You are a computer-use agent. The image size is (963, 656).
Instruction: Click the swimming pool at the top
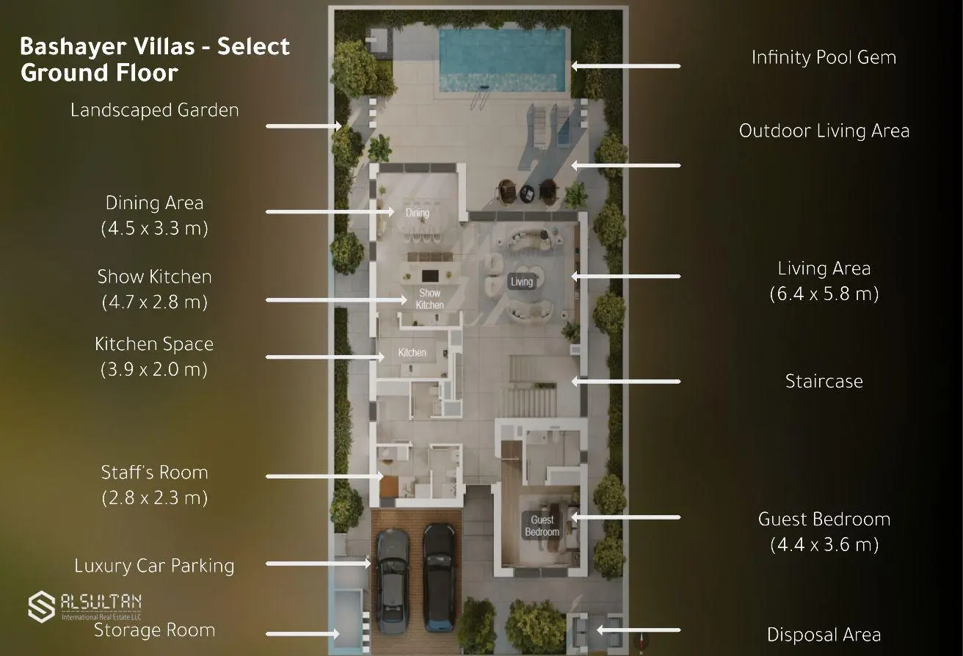click(x=502, y=60)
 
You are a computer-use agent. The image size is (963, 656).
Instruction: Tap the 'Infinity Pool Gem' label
click(x=824, y=58)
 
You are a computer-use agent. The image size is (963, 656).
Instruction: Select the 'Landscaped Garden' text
click(x=155, y=110)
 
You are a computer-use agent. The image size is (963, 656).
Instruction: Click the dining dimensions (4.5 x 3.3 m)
click(x=155, y=228)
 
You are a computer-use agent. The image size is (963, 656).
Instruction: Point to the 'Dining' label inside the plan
click(x=418, y=212)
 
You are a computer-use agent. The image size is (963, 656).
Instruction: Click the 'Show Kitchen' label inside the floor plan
click(x=429, y=299)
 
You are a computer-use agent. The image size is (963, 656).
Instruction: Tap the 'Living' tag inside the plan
click(x=522, y=282)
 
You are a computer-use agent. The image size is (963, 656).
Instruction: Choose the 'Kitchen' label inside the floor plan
click(x=412, y=352)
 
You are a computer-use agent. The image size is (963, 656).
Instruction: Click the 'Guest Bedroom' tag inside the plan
click(x=542, y=525)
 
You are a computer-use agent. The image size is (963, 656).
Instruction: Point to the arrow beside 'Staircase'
click(x=626, y=382)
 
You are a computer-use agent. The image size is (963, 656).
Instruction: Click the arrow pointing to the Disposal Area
click(x=639, y=630)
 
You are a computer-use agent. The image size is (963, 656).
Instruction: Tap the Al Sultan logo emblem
click(x=42, y=607)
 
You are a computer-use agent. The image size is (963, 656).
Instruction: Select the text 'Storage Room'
click(x=155, y=630)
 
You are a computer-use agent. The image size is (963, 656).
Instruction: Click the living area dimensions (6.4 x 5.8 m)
click(x=824, y=294)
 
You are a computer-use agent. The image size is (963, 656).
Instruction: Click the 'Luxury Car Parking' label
click(x=154, y=566)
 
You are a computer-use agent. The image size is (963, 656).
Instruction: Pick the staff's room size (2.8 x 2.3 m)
click(x=155, y=498)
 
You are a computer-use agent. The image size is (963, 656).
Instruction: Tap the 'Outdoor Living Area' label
click(x=824, y=131)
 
